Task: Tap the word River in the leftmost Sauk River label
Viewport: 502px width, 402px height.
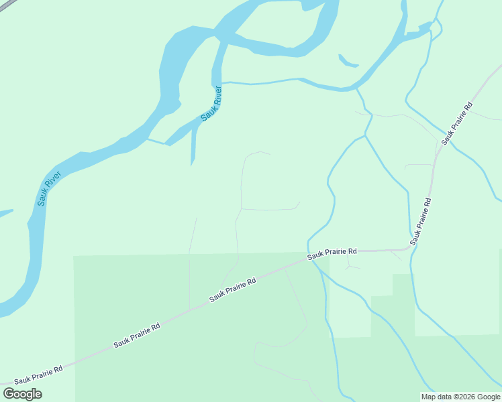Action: pos(54,179)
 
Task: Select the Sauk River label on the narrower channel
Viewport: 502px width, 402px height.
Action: pos(211,103)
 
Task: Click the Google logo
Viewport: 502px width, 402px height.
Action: pos(22,394)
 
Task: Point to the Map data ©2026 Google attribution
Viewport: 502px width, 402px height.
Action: pos(460,397)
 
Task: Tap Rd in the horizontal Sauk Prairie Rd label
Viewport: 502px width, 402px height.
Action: pos(352,251)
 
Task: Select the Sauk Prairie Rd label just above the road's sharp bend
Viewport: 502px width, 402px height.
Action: pos(421,221)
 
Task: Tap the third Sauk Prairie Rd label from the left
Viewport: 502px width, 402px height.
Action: pos(232,290)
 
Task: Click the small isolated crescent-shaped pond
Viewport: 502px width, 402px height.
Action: pos(348,62)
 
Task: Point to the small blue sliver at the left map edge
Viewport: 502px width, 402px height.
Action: pos(5,214)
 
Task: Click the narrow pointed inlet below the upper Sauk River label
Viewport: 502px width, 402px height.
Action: pos(193,147)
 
